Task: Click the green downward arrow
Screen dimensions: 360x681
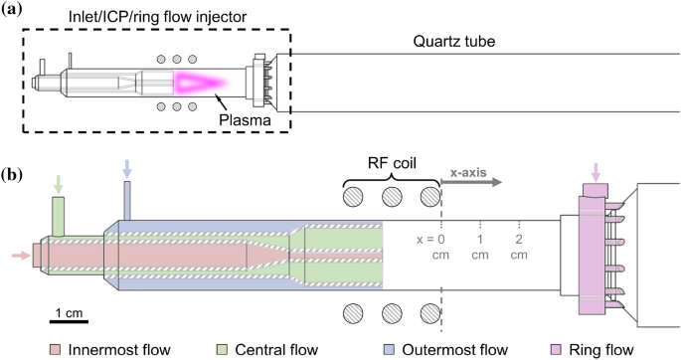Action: (59, 184)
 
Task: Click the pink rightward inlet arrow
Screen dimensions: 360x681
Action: (18, 255)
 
